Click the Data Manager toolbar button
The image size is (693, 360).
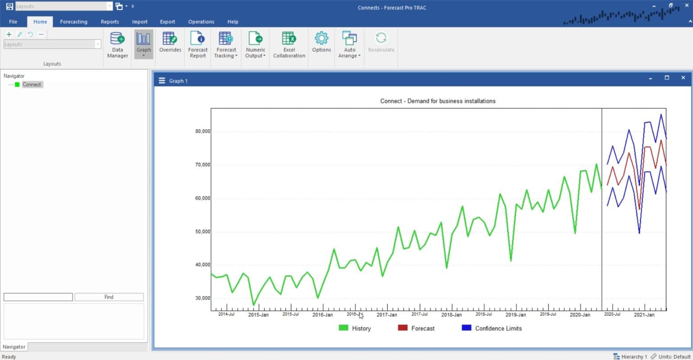(117, 45)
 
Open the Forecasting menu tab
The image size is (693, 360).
(74, 22)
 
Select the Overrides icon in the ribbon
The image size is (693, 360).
(170, 43)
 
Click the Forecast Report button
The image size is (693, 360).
(198, 45)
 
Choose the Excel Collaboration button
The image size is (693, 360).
(289, 45)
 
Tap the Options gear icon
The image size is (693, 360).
(321, 39)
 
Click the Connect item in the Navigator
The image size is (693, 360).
(32, 84)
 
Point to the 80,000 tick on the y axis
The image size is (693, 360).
(203, 131)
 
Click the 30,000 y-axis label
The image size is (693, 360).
(203, 298)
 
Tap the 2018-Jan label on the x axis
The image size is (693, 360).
(451, 315)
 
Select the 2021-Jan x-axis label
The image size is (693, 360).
(644, 315)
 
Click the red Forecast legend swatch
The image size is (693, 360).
(402, 328)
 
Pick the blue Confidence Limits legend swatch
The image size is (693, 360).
(467, 328)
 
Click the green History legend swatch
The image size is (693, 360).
(343, 328)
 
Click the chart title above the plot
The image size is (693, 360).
(438, 101)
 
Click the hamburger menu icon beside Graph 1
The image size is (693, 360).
(162, 81)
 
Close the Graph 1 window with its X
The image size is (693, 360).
(683, 78)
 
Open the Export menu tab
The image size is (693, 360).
(167, 22)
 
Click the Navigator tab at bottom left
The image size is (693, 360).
(14, 347)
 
